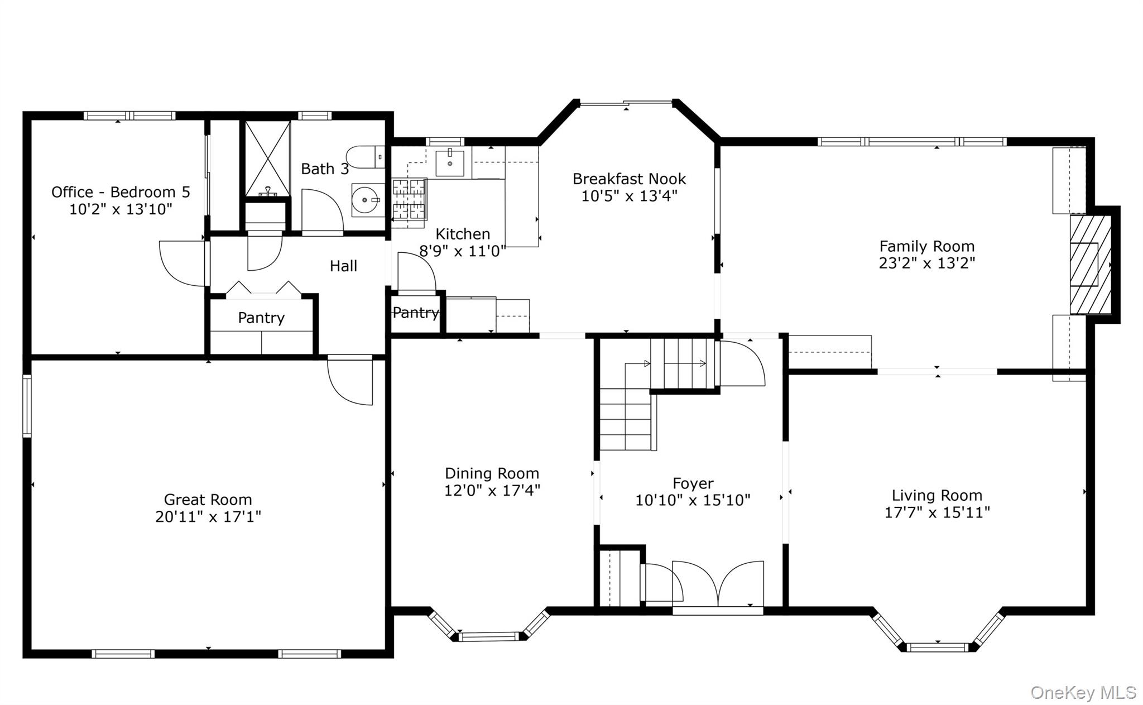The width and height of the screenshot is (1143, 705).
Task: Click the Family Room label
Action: (x=926, y=246)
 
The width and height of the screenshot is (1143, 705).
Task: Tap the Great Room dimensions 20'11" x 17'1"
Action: (x=208, y=517)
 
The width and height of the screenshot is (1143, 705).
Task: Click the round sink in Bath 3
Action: (x=366, y=200)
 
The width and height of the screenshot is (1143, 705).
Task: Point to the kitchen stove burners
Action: (x=409, y=199)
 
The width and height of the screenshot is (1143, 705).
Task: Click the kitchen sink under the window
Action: (x=450, y=162)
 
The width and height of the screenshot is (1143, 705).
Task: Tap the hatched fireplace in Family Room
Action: (x=1089, y=265)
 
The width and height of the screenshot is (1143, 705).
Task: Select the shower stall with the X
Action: (x=268, y=159)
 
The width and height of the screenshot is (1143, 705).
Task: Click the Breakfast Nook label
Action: (x=629, y=179)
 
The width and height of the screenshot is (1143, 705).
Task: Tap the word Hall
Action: (x=343, y=266)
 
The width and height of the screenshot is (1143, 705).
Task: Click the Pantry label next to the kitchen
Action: (x=416, y=313)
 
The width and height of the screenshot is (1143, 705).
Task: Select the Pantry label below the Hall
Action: (x=261, y=318)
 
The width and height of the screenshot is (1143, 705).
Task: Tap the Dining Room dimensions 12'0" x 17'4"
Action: (x=492, y=491)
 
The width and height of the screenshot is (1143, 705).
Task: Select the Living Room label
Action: (x=937, y=496)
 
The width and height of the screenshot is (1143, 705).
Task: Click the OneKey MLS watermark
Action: (x=1083, y=693)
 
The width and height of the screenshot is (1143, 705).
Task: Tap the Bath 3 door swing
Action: (x=321, y=211)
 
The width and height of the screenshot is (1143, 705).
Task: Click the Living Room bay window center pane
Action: (x=938, y=647)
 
